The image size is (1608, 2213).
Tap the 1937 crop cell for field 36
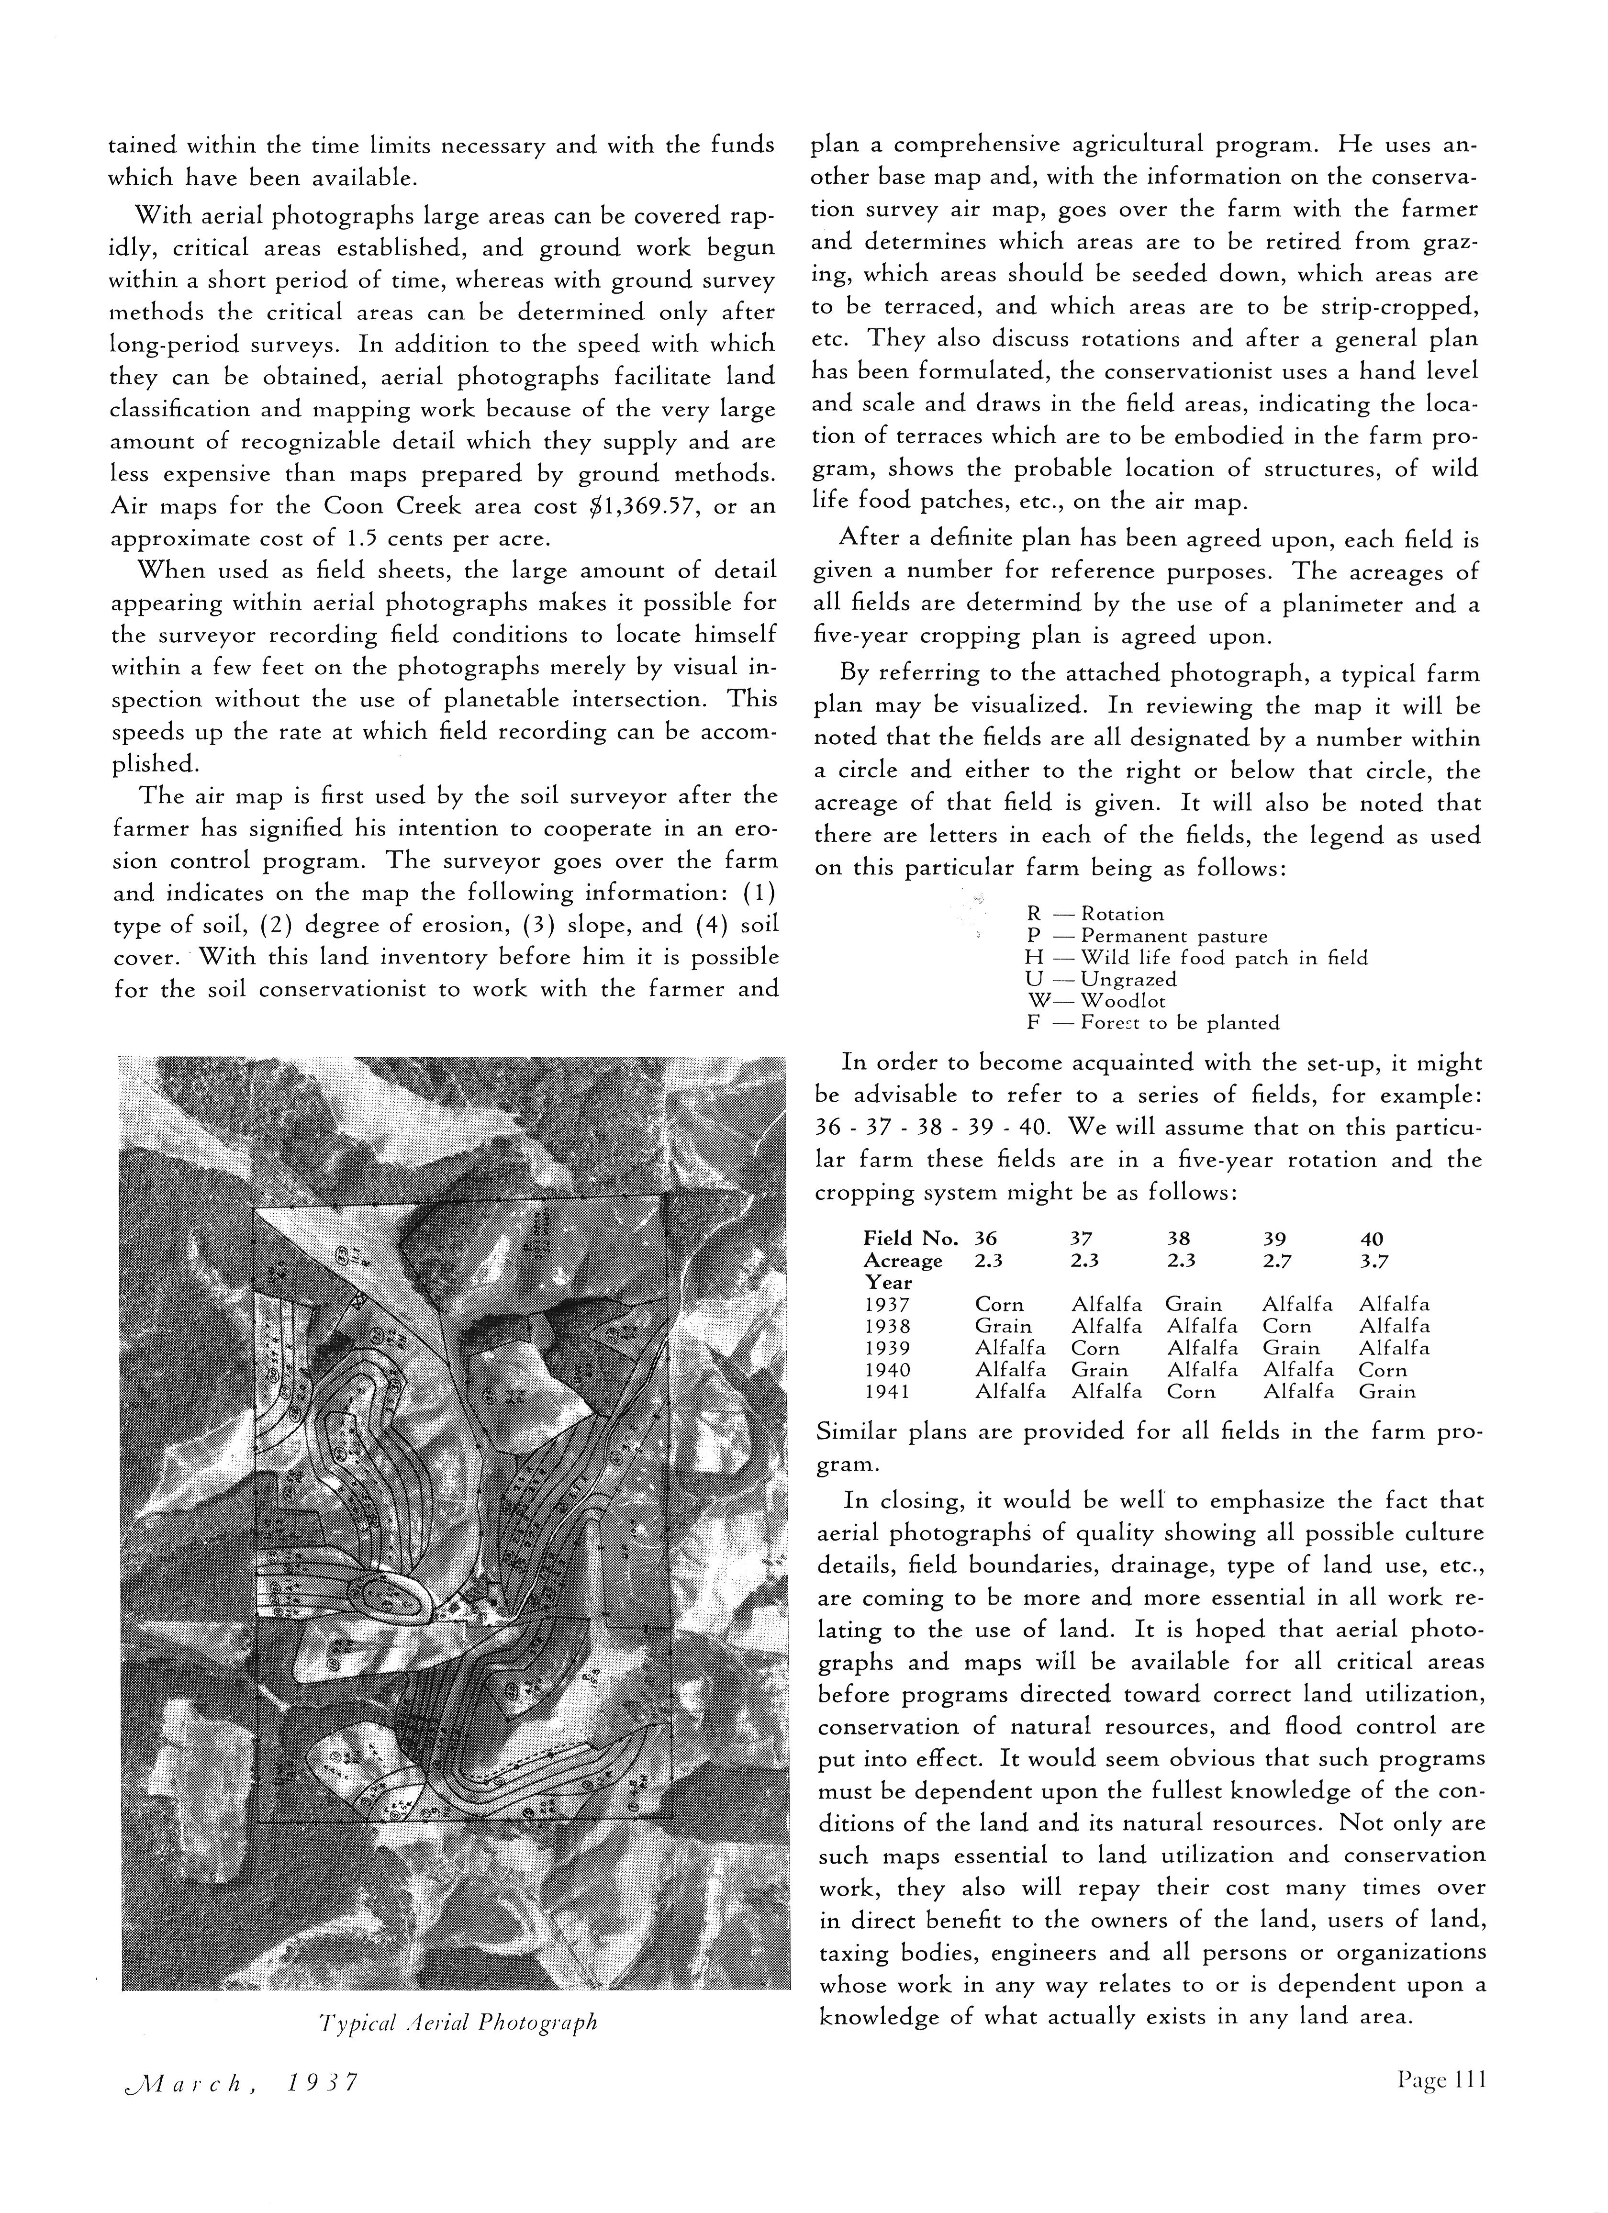[999, 1305]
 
